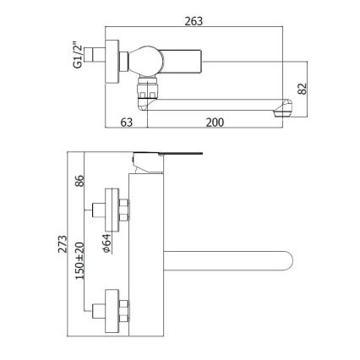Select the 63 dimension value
pos(128,123)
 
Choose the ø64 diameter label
pos(107,241)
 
